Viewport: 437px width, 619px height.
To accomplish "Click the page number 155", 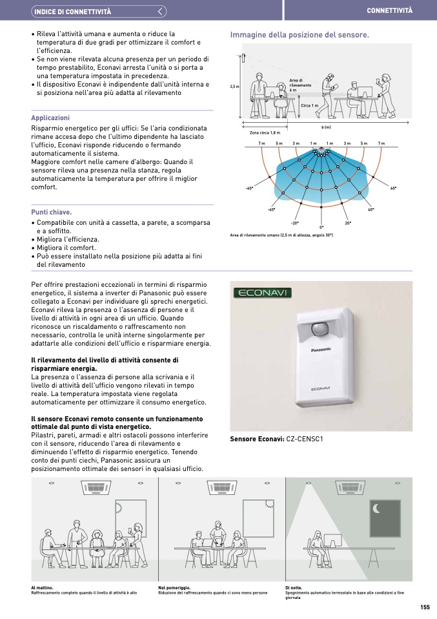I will (x=425, y=607).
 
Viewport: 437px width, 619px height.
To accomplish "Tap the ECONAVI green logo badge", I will (x=263, y=293).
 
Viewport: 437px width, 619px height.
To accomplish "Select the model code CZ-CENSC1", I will (x=304, y=439).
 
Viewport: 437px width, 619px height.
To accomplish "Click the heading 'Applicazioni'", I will (x=50, y=118).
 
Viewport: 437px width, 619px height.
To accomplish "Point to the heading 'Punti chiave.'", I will (x=52, y=212).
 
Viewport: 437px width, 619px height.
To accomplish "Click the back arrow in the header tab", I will (x=161, y=12).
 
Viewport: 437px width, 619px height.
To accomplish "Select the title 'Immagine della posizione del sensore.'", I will (x=300, y=35).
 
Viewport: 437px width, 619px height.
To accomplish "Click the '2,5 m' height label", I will (x=234, y=87).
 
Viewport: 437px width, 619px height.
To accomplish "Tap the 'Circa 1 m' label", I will (x=310, y=105).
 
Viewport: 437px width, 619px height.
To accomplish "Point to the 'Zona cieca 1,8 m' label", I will (x=265, y=132).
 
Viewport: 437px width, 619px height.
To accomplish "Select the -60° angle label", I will (x=249, y=188).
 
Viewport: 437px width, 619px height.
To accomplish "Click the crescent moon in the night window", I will (x=376, y=509).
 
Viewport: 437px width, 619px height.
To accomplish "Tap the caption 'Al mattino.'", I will (x=42, y=587).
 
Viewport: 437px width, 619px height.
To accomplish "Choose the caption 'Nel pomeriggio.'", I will (x=174, y=587).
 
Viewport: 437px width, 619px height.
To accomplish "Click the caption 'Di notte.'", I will (x=294, y=587).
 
